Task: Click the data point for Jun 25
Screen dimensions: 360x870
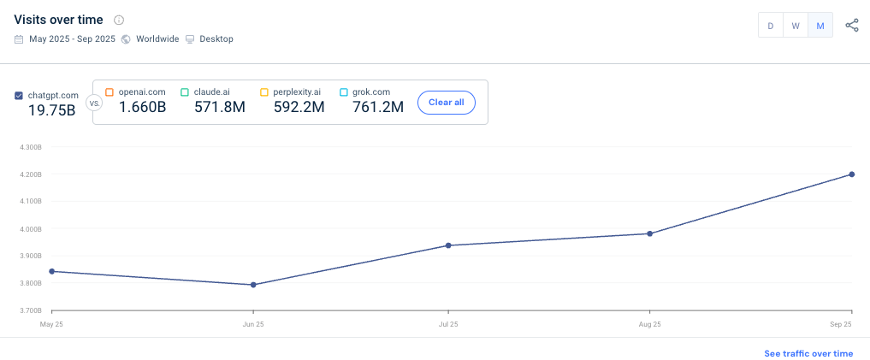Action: [x=253, y=285]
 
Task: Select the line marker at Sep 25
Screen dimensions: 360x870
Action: [x=852, y=174]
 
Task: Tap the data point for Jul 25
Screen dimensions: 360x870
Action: [x=448, y=245]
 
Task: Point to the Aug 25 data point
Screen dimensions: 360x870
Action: [x=650, y=233]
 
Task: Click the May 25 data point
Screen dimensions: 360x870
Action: [x=52, y=271]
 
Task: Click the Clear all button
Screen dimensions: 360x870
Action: [x=447, y=102]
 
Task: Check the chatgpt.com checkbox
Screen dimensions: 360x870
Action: [x=19, y=96]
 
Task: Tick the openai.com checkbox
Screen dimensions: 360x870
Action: [x=109, y=91]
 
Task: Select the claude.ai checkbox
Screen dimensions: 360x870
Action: [x=184, y=91]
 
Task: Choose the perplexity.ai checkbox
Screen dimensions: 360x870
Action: [x=263, y=91]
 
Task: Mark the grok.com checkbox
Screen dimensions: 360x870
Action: [x=344, y=91]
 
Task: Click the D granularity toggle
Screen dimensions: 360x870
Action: [x=771, y=26]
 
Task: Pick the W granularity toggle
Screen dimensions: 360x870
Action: [x=796, y=26]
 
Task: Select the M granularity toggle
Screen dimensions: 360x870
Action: [x=820, y=26]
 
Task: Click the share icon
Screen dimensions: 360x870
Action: [x=852, y=26]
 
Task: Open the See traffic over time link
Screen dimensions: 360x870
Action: [x=808, y=353]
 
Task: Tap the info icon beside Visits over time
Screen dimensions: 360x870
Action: [x=119, y=20]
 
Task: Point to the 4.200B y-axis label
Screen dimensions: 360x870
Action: [x=30, y=174]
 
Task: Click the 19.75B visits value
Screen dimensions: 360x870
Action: [x=51, y=110]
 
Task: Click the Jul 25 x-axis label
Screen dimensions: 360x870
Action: [x=448, y=325]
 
